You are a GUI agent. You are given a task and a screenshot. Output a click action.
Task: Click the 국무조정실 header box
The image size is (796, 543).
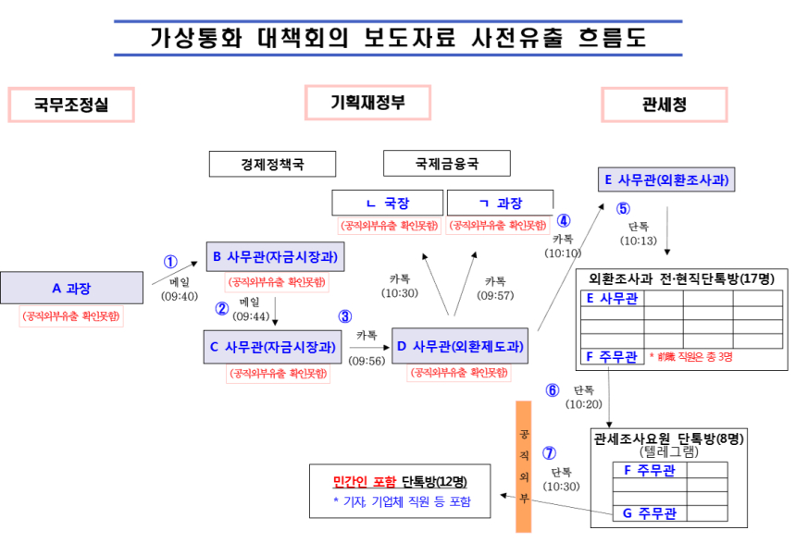[x=71, y=105]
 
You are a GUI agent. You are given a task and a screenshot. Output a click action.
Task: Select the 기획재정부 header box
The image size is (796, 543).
[x=367, y=102]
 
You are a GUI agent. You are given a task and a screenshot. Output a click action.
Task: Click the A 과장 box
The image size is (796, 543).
[x=71, y=288]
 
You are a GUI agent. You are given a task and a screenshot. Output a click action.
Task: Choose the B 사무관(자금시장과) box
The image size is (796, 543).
[x=275, y=256]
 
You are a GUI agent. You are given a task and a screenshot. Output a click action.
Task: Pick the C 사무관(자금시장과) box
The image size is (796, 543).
[x=273, y=348]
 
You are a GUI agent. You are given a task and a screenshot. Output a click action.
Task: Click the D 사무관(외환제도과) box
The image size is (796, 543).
[x=460, y=347]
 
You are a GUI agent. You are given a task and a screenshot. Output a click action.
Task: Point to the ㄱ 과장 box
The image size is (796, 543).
[x=500, y=204]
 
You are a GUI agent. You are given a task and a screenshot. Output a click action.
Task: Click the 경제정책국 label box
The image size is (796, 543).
[x=272, y=165]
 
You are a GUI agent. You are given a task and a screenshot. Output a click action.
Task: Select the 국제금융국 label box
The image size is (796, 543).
[x=447, y=165]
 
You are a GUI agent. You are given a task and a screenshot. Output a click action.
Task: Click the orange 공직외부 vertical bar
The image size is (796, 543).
[x=525, y=466]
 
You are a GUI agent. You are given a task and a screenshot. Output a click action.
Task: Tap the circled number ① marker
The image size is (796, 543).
[x=170, y=262]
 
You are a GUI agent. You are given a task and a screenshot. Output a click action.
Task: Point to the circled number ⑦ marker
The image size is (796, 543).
[x=550, y=453]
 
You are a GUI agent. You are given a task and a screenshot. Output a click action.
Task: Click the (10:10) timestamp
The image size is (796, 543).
[x=563, y=253]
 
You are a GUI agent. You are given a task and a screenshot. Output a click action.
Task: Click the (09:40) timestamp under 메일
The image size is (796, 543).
[x=180, y=296]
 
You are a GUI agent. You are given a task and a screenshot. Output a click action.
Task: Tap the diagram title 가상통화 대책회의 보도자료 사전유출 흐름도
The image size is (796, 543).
[x=397, y=38]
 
